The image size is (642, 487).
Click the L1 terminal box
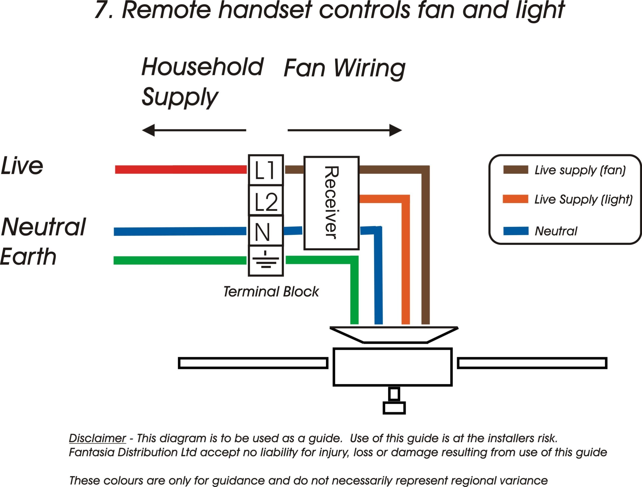pos(266,170)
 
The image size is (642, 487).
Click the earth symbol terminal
pos(266,261)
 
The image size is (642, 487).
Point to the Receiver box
pos(332,203)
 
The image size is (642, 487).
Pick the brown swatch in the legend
pos(515,170)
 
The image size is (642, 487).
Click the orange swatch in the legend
pos(515,199)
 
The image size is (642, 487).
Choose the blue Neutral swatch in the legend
pos(515,231)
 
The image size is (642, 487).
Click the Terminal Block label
pos(271,291)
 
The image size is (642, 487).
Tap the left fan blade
pos(253,363)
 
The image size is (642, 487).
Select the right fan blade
pos(532,363)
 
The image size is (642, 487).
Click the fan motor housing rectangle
pos(392,367)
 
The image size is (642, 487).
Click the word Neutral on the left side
pos(44,227)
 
